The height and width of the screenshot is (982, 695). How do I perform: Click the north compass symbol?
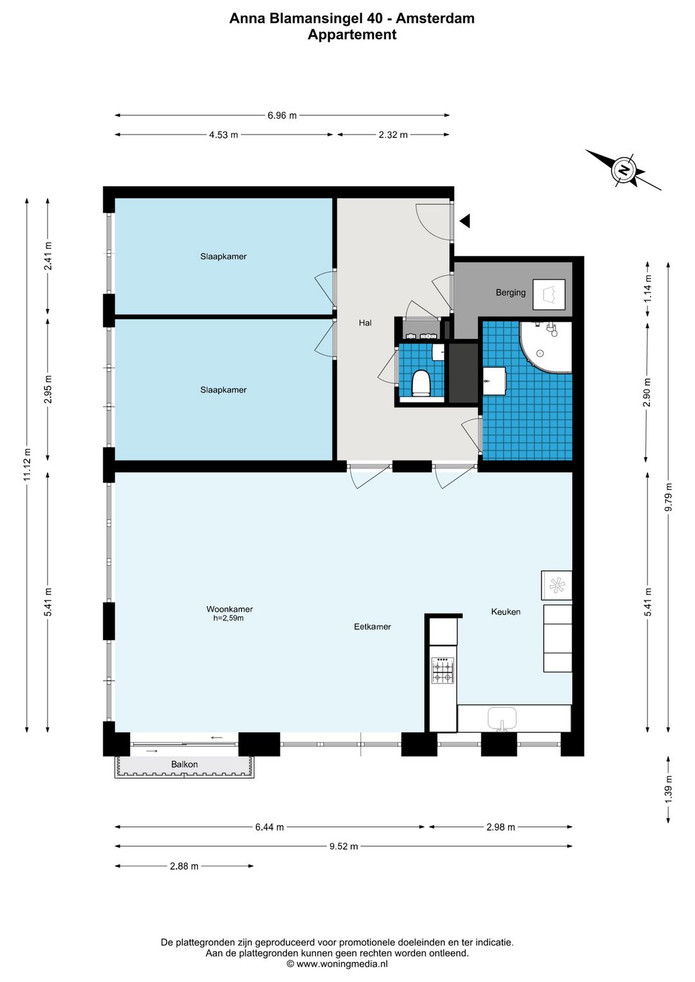click(623, 170)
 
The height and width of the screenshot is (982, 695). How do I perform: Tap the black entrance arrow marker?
click(465, 221)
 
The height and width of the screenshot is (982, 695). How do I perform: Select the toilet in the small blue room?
click(422, 383)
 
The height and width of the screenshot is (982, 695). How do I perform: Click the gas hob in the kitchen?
click(443, 670)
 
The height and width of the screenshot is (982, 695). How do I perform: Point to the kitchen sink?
click(502, 719)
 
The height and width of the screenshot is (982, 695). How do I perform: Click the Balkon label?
click(184, 764)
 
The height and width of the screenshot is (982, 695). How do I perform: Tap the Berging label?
click(510, 292)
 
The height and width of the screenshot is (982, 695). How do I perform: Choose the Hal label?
click(366, 322)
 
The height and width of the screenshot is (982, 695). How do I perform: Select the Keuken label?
click(506, 611)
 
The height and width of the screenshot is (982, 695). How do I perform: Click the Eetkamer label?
click(372, 627)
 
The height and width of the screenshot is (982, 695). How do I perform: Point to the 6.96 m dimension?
click(282, 115)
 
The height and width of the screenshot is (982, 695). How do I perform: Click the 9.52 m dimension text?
click(344, 846)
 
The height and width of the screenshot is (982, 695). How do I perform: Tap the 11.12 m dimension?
click(27, 465)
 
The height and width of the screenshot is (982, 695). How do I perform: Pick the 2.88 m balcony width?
click(184, 866)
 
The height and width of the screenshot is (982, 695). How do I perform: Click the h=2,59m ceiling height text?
click(228, 618)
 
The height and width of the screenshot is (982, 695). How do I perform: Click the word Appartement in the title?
click(351, 34)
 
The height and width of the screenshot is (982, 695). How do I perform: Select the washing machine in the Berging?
click(549, 295)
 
